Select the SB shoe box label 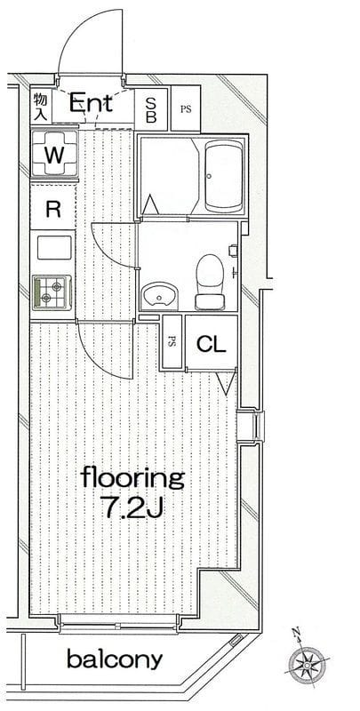coord(151,108)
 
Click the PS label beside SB coord(185,109)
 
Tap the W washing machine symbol coord(54,154)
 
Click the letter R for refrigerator coord(53,210)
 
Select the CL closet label coord(210,343)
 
